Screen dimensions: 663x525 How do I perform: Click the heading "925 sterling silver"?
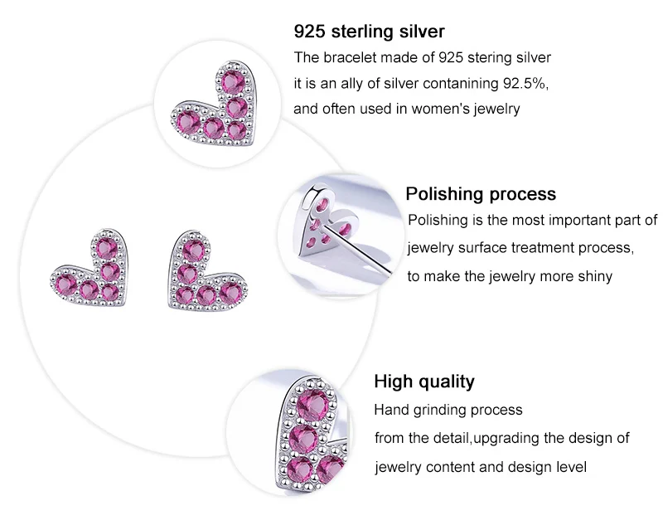pos(369,32)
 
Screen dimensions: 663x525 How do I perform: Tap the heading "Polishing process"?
pos(481,194)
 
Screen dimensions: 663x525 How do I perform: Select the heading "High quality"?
pos(424,382)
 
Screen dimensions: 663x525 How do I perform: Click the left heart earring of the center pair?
pos(89,267)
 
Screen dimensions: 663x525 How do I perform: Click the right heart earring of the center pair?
pos(207,270)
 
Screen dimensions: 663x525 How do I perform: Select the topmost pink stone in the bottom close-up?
pos(312,404)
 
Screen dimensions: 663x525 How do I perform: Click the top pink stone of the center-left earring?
pos(106,248)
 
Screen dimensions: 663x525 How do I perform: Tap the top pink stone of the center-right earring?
pos(194,250)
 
